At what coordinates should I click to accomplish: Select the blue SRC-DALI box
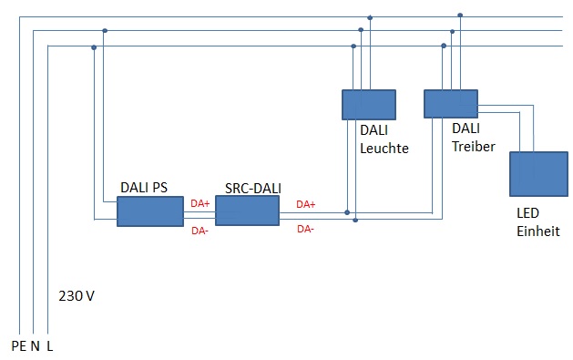point(247,211)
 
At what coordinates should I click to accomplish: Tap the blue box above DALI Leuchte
point(369,104)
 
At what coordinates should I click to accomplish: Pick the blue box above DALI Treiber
point(451,104)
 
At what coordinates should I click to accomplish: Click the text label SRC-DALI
point(252,188)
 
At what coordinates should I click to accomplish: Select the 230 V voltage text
point(77,296)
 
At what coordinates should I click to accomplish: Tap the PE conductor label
point(18,346)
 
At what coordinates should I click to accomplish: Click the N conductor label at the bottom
point(36,346)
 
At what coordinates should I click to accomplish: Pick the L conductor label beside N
point(50,346)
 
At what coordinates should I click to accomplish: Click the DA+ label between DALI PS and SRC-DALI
point(200,203)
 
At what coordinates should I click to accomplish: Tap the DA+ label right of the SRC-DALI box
point(306,204)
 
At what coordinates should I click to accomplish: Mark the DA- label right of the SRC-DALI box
point(306,229)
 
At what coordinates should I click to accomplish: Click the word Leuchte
point(384,149)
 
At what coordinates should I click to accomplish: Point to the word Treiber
point(473,145)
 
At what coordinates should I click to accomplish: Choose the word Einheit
point(537,231)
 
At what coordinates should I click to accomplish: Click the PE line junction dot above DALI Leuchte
point(370,16)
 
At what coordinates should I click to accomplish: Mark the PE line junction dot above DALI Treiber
point(460,15)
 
